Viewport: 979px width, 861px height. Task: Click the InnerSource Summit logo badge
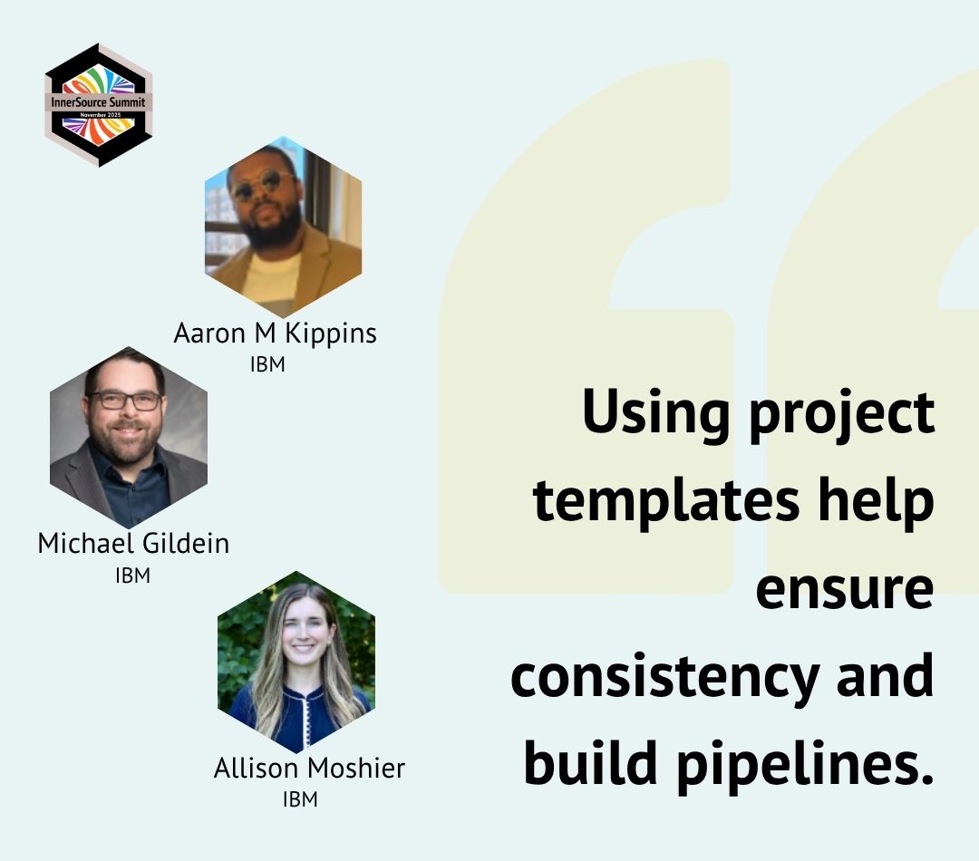point(99,104)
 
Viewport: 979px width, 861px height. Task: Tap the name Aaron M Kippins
point(275,334)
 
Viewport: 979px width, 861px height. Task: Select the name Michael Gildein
point(133,543)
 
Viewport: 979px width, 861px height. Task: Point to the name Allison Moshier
point(309,769)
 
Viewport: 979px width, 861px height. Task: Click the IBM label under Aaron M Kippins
point(267,365)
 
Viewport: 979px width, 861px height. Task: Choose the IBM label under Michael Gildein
point(132,575)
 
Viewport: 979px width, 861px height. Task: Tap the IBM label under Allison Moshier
point(300,799)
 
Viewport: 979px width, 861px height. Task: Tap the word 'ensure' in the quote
point(844,589)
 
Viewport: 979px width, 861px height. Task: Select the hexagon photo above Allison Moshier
point(296,662)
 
